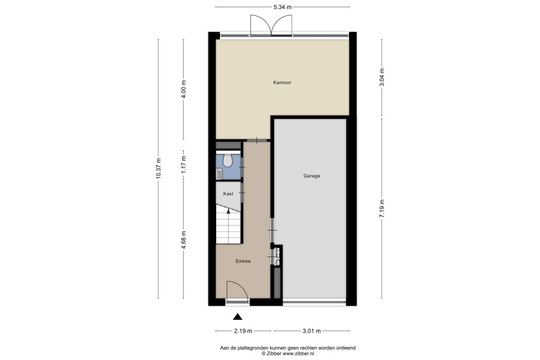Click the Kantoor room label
click(282, 82)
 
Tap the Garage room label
click(312, 176)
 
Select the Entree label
click(243, 261)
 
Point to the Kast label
click(228, 194)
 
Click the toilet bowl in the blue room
click(227, 161)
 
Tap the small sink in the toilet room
click(219, 174)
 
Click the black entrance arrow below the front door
click(238, 317)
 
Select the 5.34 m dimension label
click(283, 7)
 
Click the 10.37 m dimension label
click(158, 169)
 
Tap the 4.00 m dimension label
click(184, 89)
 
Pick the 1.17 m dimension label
click(184, 164)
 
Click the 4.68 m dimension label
click(184, 240)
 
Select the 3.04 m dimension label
click(382, 77)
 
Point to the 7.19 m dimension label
click(382, 209)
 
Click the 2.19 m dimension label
click(243, 331)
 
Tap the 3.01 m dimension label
click(312, 331)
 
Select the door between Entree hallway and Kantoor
click(257, 140)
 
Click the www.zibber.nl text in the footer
click(298, 354)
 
